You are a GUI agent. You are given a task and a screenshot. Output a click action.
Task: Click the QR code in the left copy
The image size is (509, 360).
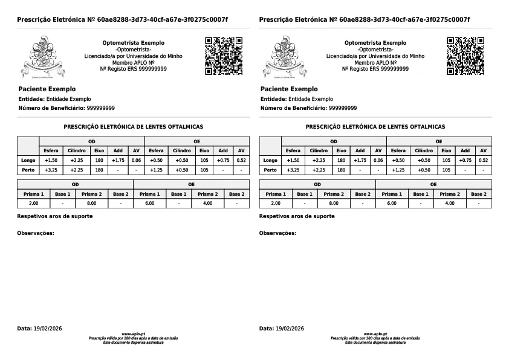click(224, 56)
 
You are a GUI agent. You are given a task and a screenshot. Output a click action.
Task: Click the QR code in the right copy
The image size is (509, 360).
click(465, 56)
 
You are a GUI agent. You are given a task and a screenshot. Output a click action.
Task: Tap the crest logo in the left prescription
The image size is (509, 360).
click(41, 58)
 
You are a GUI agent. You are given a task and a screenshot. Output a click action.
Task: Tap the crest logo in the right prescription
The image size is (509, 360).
click(283, 58)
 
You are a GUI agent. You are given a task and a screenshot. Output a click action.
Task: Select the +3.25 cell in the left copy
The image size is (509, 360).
click(51, 170)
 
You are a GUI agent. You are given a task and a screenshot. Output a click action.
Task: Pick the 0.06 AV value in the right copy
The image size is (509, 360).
click(378, 160)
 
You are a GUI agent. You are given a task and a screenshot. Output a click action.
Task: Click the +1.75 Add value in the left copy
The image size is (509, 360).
click(118, 160)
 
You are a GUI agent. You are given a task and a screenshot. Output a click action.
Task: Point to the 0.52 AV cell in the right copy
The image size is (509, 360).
click(482, 160)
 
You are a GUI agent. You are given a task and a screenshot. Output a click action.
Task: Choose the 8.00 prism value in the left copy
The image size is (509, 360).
click(92, 204)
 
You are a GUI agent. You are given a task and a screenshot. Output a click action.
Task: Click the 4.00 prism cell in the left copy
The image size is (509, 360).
click(207, 204)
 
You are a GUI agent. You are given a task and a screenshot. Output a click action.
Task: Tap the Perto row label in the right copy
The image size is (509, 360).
click(270, 170)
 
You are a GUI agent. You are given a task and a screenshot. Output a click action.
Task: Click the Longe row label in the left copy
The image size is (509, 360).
click(28, 160)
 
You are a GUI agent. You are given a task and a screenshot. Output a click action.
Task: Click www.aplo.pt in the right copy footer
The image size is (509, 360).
click(375, 333)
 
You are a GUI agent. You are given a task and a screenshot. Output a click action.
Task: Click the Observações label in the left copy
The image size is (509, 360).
click(36, 233)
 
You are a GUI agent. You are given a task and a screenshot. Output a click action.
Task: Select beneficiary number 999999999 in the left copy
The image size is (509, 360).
click(101, 108)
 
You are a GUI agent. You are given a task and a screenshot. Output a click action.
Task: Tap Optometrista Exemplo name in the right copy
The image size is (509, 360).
click(375, 43)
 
